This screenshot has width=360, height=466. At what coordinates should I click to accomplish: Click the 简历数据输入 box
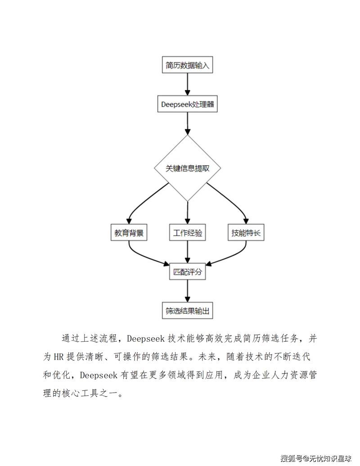(x=187, y=65)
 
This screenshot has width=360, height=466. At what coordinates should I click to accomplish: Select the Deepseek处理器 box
(x=187, y=105)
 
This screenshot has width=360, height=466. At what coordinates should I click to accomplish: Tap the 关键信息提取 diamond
(x=187, y=168)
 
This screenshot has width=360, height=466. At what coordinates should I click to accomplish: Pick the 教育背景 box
(x=129, y=233)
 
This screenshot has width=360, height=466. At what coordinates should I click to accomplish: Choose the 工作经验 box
(x=187, y=233)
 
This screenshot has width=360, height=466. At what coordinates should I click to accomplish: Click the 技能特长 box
(x=246, y=233)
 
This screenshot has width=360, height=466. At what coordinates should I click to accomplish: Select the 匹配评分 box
(x=187, y=272)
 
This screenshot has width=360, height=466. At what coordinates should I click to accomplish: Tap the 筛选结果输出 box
(x=187, y=311)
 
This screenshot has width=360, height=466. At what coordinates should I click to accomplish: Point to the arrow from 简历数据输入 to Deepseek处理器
(x=187, y=85)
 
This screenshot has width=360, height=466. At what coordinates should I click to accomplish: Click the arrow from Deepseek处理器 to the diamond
(x=187, y=124)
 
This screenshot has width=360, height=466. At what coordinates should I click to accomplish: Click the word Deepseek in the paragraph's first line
(x=146, y=338)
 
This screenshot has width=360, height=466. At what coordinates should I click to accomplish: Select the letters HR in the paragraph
(x=59, y=357)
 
